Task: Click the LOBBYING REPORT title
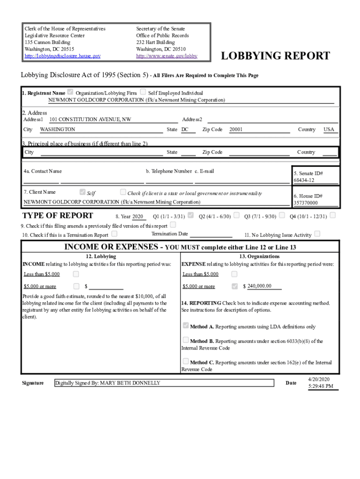[x=275, y=56]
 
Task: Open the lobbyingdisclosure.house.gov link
[x=62, y=56]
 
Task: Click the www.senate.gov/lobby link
[x=166, y=56]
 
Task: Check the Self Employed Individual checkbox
[x=143, y=92]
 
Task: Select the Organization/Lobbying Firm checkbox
[x=71, y=92]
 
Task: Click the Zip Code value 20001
[x=236, y=129]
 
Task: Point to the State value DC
[x=185, y=129]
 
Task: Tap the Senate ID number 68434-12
[x=304, y=180]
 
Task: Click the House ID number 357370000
[x=305, y=203]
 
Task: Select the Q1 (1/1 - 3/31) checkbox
[x=191, y=216]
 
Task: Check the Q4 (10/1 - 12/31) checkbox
[x=332, y=216]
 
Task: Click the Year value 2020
[x=137, y=217]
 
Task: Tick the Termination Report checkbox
[x=115, y=233]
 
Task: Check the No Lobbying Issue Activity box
[x=317, y=233]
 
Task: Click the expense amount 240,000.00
[x=259, y=286]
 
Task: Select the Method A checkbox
[x=186, y=326]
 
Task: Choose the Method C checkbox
[x=186, y=361]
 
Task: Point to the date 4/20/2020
[x=319, y=378]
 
